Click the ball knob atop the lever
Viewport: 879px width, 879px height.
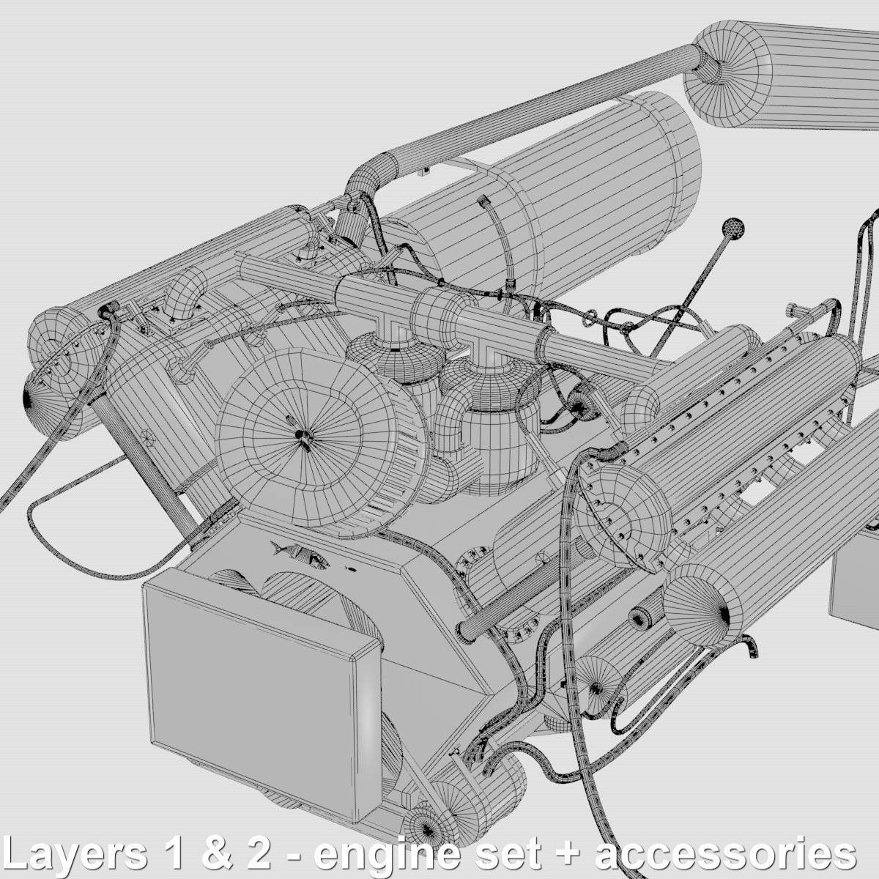732,228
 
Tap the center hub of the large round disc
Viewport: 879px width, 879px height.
300,434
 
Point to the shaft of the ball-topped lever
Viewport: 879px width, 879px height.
692,293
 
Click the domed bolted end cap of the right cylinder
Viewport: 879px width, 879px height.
623,513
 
